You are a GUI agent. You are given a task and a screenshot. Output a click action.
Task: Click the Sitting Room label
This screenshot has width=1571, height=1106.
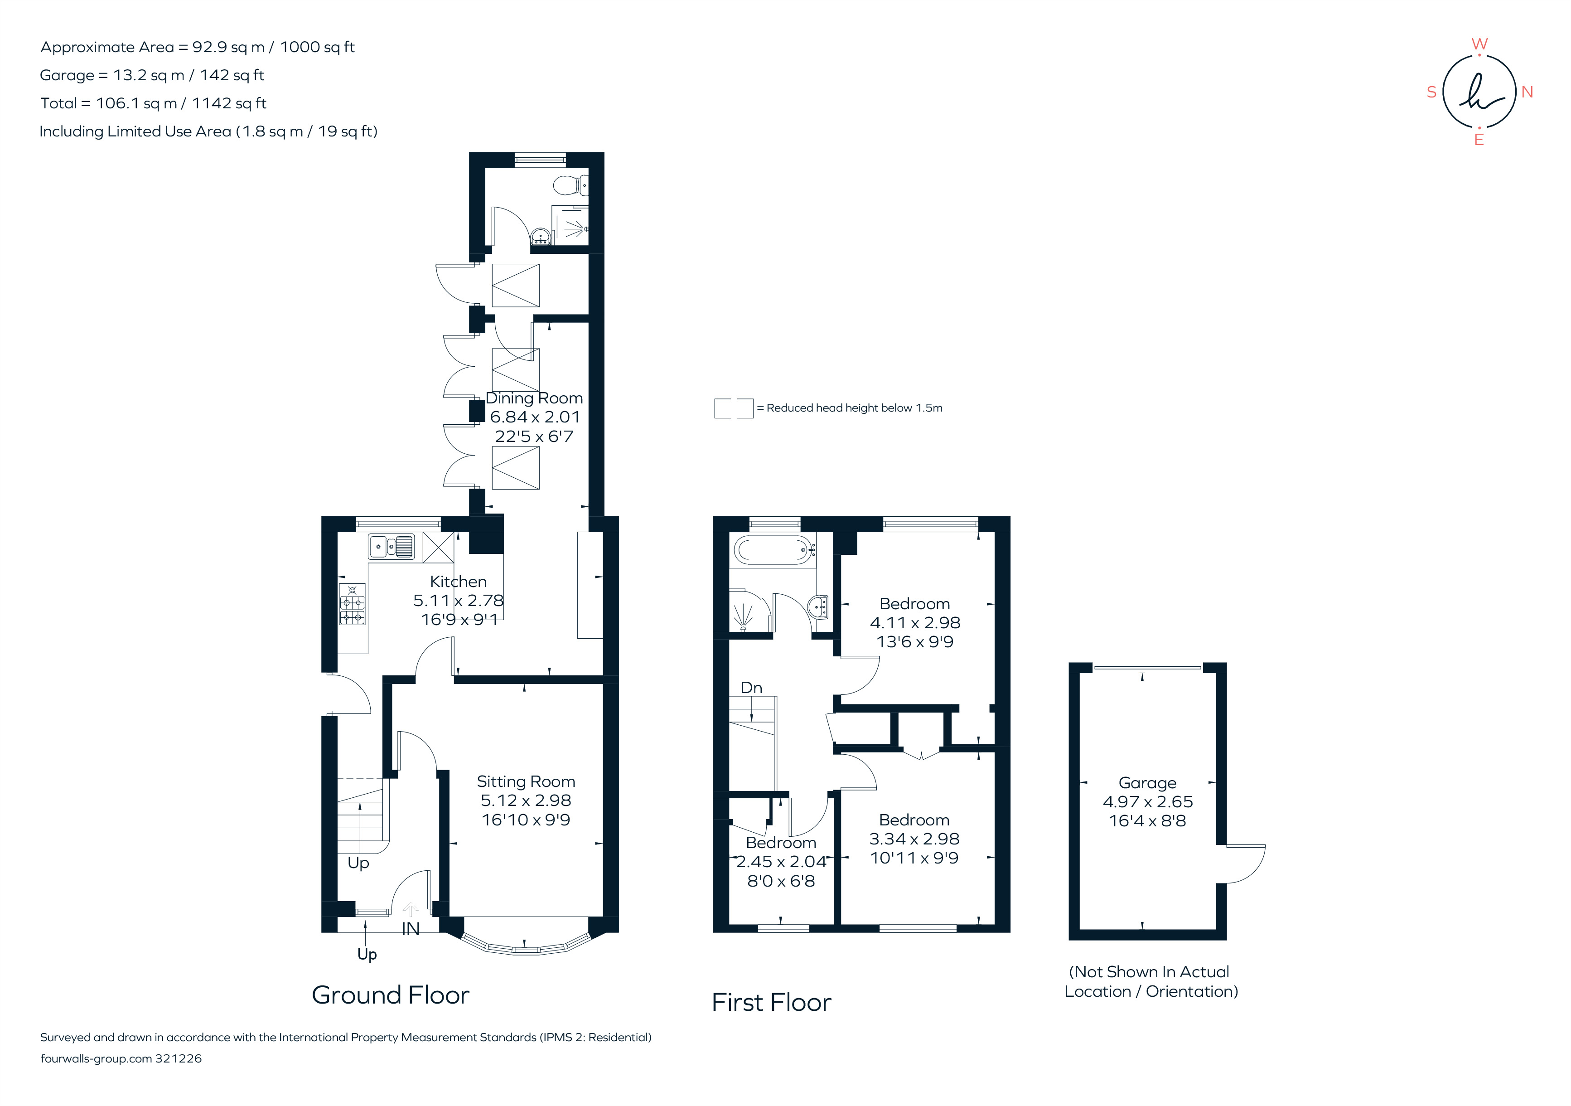pos(526,781)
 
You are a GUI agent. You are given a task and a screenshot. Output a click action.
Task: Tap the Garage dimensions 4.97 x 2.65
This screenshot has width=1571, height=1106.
pos(1147,801)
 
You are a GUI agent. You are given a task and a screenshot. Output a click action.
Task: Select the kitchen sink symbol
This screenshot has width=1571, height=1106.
pos(391,547)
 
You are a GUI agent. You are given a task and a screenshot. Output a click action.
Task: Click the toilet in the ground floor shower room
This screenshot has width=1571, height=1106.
pos(570,184)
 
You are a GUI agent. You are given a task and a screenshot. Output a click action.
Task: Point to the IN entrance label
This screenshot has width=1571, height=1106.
pos(411,929)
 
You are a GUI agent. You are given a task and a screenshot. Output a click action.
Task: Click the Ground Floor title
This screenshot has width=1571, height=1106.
pos(390,995)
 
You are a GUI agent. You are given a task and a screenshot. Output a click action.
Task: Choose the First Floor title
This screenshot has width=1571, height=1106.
pos(771,1003)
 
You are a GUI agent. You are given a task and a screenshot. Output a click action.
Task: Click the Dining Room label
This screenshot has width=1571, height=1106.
pos(534,398)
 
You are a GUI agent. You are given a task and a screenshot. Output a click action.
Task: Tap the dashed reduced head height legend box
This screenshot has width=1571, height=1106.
pos(734,408)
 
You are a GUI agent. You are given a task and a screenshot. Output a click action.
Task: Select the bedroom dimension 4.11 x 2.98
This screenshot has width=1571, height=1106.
pos(915,623)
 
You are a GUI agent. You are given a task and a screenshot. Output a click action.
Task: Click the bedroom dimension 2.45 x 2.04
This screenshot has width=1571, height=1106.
pos(781,862)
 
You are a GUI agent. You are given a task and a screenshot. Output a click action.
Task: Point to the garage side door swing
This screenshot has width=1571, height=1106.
pos(1244,863)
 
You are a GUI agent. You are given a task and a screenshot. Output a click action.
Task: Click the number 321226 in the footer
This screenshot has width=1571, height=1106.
pos(178,1059)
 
